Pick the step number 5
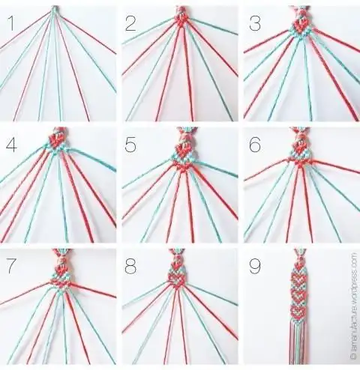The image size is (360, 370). (x=132, y=145)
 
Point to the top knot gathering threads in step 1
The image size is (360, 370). (x=55, y=10)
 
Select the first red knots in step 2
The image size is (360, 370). (x=180, y=18)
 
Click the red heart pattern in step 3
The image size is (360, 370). (x=301, y=25)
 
